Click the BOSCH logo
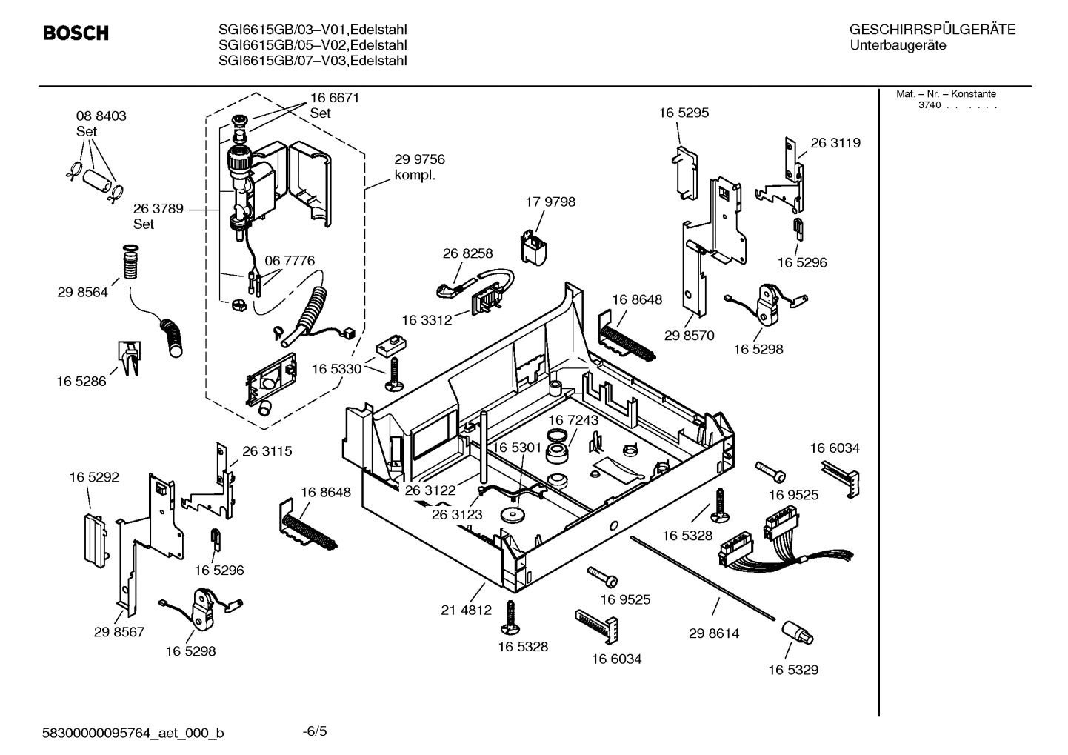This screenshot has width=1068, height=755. coord(76,33)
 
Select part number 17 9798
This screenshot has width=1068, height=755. coord(550,202)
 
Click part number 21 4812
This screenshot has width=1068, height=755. coord(466,611)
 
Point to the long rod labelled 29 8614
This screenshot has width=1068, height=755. coord(704,578)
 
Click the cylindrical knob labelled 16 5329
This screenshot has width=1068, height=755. coord(797,634)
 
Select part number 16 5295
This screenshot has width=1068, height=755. coord(683,113)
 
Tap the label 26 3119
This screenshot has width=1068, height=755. coord(835,142)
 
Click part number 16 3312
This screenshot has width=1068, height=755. coord(427,320)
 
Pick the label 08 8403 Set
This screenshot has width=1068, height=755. coord(101,124)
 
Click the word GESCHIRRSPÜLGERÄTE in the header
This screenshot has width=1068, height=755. coord(932,30)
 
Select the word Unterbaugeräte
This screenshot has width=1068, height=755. coord(897,46)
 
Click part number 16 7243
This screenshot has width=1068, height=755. coord(573,420)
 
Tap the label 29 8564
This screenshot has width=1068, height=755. coord(82,292)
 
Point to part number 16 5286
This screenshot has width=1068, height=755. coord(81,381)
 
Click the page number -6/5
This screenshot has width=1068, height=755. coord(315,732)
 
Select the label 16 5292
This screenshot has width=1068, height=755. coord(94,477)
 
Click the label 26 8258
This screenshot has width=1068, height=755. coord(467,253)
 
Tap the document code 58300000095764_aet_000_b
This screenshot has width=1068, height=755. coord(133,734)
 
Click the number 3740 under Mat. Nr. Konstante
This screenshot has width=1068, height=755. coord(929,105)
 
